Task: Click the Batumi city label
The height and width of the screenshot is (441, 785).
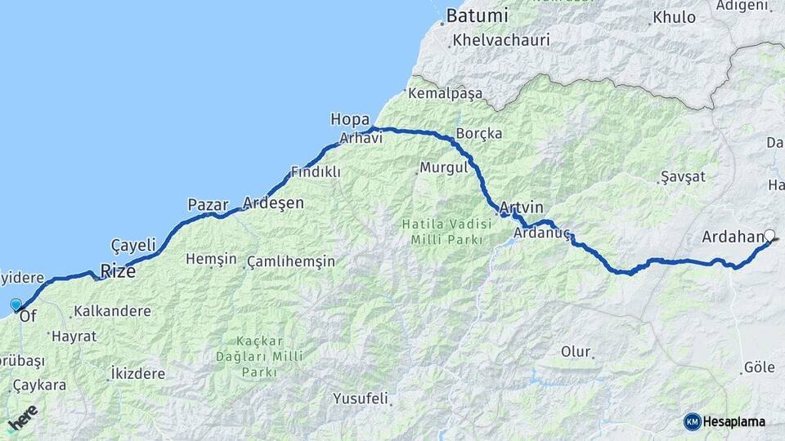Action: pyautogui.click(x=478, y=16)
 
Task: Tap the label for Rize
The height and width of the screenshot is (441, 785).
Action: pyautogui.click(x=118, y=271)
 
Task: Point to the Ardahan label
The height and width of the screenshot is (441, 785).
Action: pyautogui.click(x=732, y=238)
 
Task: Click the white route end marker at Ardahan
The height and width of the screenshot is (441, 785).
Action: pyautogui.click(x=769, y=236)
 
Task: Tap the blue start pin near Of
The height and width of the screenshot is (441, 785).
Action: pyautogui.click(x=16, y=305)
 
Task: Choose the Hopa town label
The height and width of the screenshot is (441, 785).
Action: pyautogui.click(x=350, y=119)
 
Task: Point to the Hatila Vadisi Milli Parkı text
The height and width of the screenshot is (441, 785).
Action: pyautogui.click(x=441, y=229)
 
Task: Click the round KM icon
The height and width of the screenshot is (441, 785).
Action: pyautogui.click(x=692, y=421)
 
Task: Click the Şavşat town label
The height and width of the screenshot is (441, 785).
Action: pyautogui.click(x=683, y=177)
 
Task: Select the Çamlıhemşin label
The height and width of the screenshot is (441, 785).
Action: pyautogui.click(x=291, y=261)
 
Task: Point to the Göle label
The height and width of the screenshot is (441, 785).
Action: pyautogui.click(x=760, y=367)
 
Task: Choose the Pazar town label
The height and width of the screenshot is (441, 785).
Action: pyautogui.click(x=208, y=205)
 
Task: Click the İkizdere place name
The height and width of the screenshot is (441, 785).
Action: pyautogui.click(x=137, y=374)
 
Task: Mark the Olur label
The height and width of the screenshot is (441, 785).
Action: pyautogui.click(x=575, y=352)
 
